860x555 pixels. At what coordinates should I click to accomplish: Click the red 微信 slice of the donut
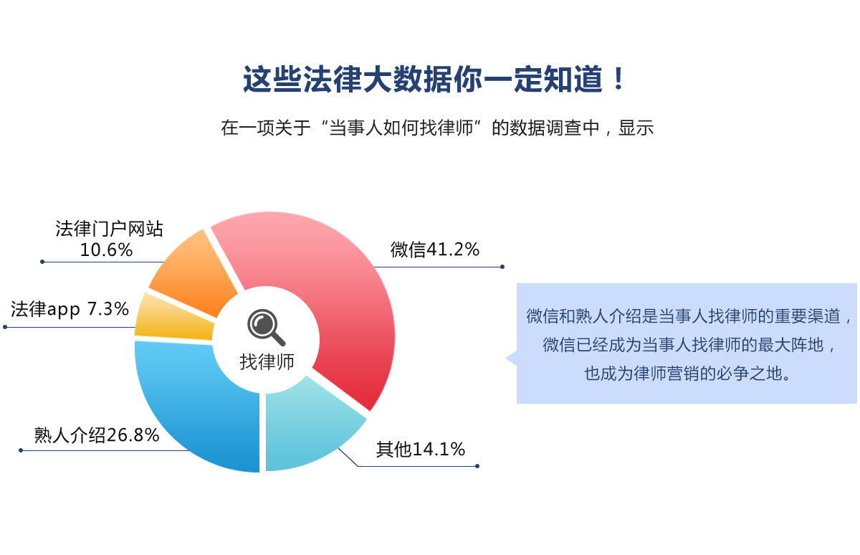345,292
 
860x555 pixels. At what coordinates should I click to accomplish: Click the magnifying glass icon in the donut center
266,327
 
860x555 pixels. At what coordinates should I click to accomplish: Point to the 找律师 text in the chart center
267,362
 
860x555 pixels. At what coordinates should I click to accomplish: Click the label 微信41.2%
435,250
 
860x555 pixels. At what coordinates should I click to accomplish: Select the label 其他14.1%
421,450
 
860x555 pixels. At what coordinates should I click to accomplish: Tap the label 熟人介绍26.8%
97,435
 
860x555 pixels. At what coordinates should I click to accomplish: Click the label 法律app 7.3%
70,310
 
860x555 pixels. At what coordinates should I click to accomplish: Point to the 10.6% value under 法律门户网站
106,250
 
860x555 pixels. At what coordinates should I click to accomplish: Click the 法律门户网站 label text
110,229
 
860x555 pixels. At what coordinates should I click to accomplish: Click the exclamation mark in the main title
618,78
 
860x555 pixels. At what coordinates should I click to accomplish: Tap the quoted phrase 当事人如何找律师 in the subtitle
401,128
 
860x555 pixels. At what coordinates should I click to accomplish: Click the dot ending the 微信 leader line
502,267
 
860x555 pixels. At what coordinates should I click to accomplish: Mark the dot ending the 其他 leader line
477,466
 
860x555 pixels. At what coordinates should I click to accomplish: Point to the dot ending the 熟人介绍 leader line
21,450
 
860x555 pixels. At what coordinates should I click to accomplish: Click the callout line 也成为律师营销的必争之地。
687,374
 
